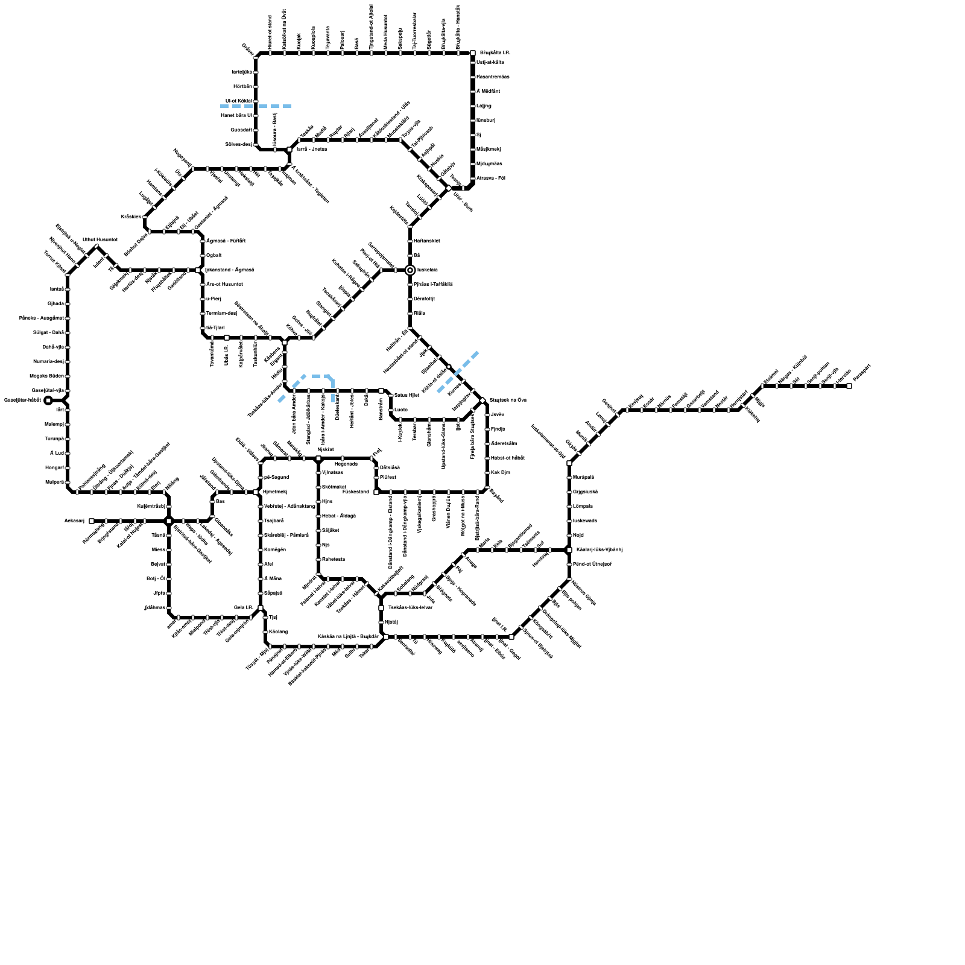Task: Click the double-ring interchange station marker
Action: coord(410,270)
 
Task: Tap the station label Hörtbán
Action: coord(243,87)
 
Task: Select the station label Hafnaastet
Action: coord(426,241)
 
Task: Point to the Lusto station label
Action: coord(401,410)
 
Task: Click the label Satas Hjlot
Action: coord(407,396)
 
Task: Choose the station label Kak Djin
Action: coord(501,473)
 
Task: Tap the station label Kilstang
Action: coord(278,632)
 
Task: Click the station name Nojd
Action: coord(578,536)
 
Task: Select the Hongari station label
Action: coord(54,468)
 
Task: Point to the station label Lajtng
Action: coord(484,106)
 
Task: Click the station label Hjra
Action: coord(327,502)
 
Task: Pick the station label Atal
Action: coord(268,565)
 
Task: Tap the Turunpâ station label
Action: coord(54,439)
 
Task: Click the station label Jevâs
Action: coord(497,415)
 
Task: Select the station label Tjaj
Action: coord(273,618)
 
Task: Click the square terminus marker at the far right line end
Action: coord(849,386)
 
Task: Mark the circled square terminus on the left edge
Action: coord(48,400)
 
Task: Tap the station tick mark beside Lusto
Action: coord(391,410)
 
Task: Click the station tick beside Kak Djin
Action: coord(487,473)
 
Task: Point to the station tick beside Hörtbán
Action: coord(256,87)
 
